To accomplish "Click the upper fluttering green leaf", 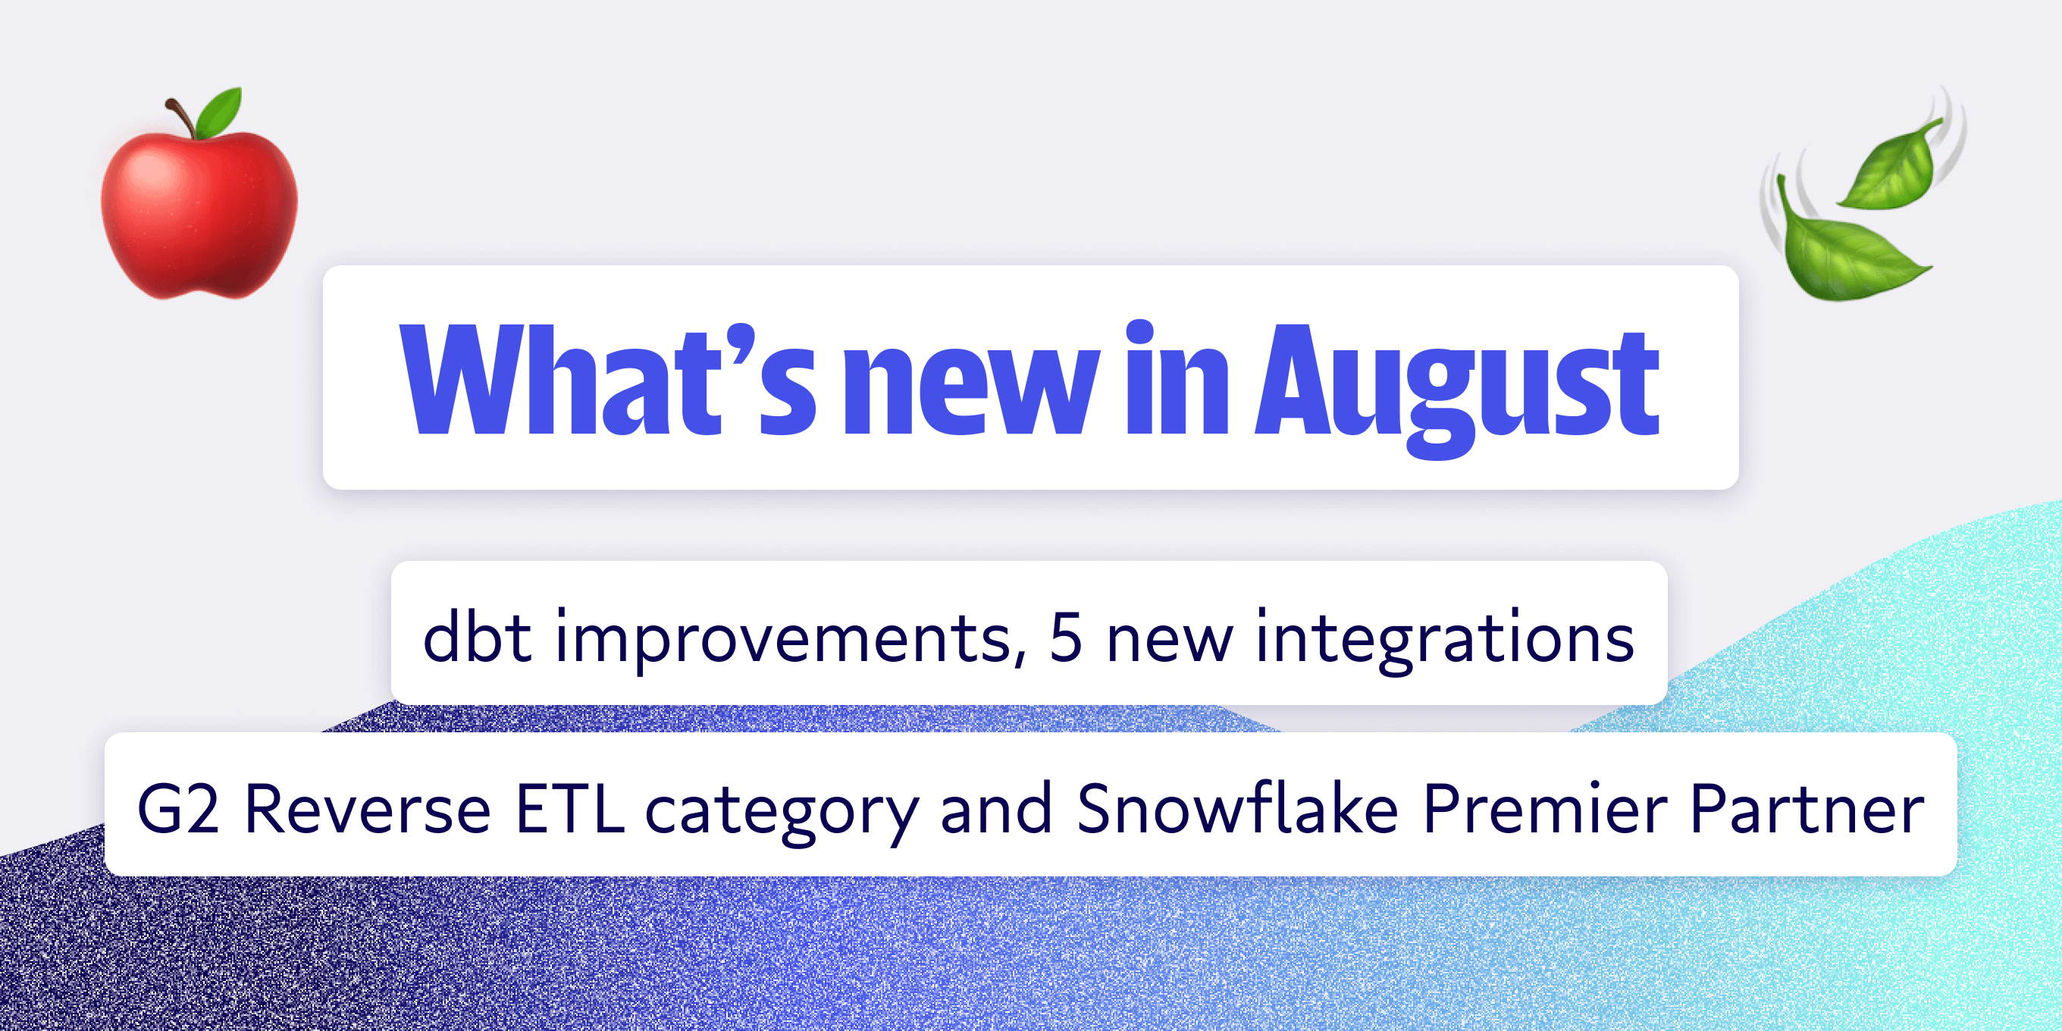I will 1892,167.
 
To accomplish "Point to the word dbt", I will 476,637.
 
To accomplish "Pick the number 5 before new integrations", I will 1065,637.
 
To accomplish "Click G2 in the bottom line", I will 177,808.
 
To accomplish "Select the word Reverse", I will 367,808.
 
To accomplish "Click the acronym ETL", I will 569,808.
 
